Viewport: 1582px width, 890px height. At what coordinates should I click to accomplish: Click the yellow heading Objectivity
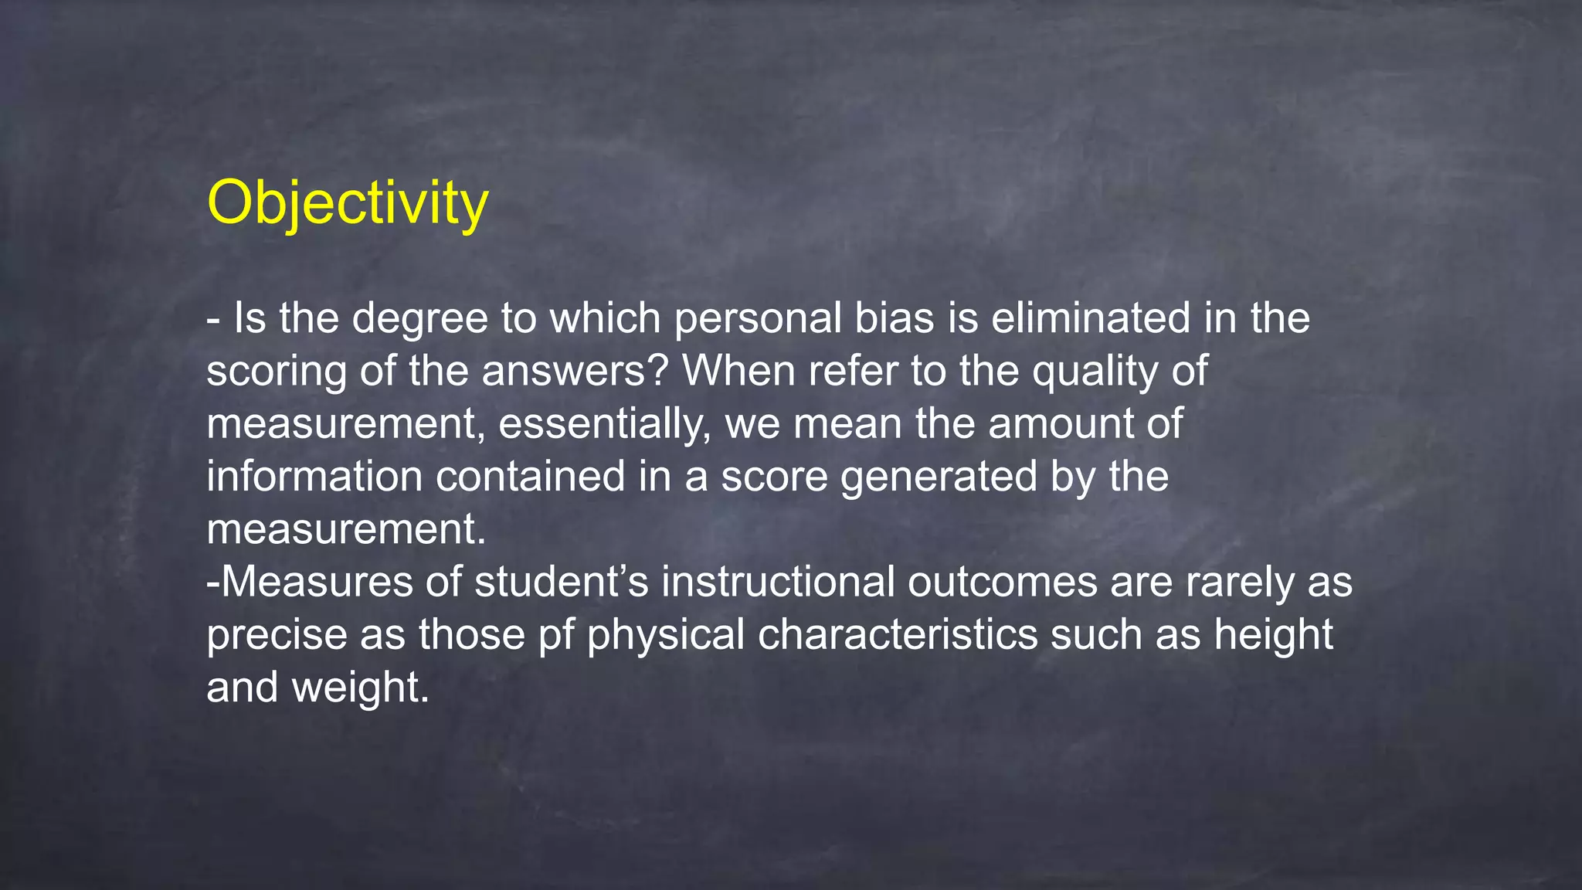pyautogui.click(x=348, y=202)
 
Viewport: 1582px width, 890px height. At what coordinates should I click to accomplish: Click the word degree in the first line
pyautogui.click(x=420, y=319)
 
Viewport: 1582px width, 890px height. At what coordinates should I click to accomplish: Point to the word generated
pyautogui.click(x=939, y=477)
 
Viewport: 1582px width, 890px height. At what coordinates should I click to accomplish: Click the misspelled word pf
pyautogui.click(x=555, y=635)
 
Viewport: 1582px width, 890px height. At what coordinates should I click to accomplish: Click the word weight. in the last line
pyautogui.click(x=360, y=687)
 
